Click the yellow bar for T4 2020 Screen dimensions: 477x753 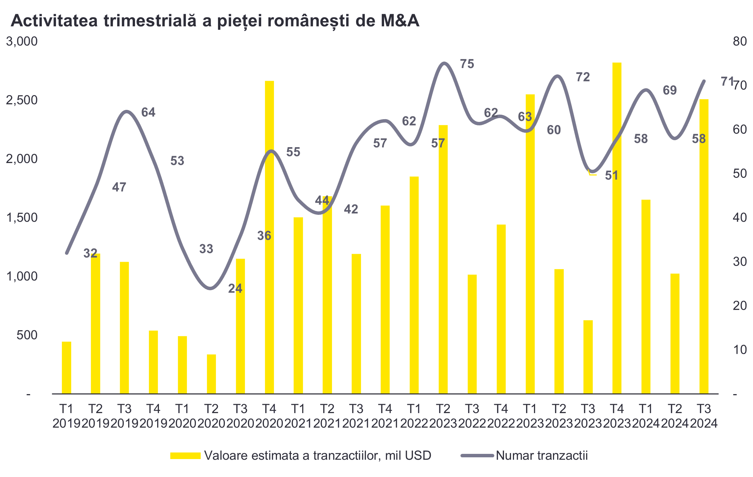pos(269,238)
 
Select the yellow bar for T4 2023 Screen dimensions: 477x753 pos(617,228)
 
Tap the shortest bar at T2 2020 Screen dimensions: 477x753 pos(211,374)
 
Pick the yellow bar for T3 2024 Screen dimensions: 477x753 pos(704,247)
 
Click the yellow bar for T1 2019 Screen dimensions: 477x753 pos(66,368)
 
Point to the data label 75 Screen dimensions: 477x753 pos(467,64)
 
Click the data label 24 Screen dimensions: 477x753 pos(235,288)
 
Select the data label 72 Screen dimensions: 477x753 pos(583,77)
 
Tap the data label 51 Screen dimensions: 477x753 pos(611,175)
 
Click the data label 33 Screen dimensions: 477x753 pos(206,249)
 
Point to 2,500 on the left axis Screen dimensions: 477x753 pos(22,100)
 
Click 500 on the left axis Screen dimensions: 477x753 pos(27,335)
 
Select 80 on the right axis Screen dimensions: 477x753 pos(740,41)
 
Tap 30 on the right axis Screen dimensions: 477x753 pos(740,262)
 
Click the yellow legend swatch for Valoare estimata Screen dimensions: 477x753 pos(185,456)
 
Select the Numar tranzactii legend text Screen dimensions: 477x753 pos(542,456)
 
